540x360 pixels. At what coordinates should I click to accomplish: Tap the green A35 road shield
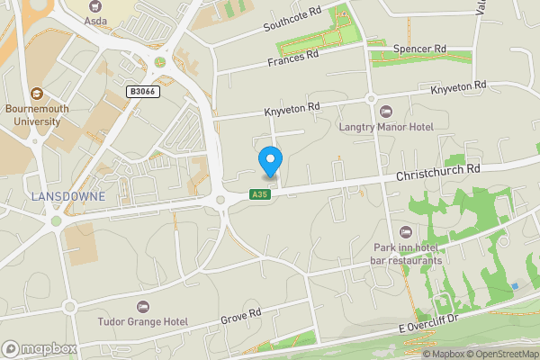pos(259,194)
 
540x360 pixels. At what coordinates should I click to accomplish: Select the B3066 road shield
pos(142,92)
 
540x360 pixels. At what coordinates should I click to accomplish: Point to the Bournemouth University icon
pos(37,94)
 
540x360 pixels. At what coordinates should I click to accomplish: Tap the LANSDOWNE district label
pos(67,195)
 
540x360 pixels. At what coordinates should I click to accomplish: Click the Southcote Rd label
pos(292,20)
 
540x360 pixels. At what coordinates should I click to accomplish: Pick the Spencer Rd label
pos(420,49)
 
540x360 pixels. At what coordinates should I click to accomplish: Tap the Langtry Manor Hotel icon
pos(387,111)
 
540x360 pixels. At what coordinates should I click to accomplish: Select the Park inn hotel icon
pos(416,233)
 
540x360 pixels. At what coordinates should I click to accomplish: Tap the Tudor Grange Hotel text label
pos(144,321)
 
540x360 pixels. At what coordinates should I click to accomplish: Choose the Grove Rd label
pos(241,315)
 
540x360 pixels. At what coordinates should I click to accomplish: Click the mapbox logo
pos(40,348)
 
